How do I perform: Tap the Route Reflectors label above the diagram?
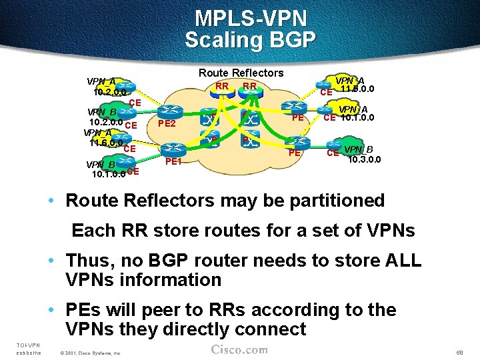[x=241, y=73]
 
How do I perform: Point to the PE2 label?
[x=167, y=123]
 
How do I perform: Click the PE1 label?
[x=173, y=161]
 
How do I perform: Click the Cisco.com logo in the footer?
[x=239, y=350]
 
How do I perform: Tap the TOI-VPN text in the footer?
[x=28, y=344]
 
